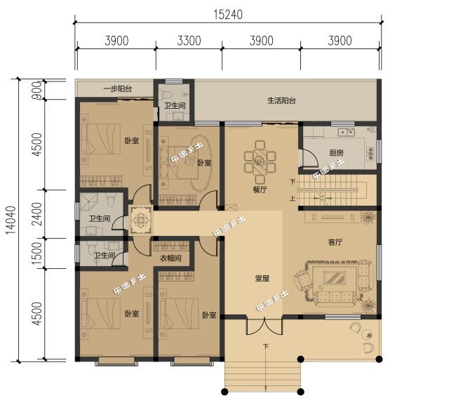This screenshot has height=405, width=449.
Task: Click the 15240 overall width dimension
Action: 228,15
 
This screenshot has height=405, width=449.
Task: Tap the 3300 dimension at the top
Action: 189,41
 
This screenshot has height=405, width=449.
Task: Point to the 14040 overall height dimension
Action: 11,220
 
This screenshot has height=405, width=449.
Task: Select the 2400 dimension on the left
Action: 37,214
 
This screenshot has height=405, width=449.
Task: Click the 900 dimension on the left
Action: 37,91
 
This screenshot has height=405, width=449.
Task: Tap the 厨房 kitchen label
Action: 336,152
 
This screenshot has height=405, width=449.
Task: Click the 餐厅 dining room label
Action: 260,190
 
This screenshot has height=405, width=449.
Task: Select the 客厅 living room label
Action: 335,242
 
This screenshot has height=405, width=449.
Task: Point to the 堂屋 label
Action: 262,278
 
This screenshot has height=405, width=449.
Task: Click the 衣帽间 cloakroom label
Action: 170,258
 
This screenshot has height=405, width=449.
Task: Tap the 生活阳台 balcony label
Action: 281,100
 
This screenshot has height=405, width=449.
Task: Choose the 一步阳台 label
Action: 118,88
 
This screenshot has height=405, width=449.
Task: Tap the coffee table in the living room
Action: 335,277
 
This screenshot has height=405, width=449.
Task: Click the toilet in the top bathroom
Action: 165,94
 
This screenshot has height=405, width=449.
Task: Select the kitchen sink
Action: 346,132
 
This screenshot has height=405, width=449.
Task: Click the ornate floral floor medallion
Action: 140,220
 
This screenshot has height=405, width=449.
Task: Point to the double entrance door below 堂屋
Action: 264,326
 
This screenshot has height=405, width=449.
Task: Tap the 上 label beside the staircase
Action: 293,198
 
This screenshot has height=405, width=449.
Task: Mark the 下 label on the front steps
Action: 266,347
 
